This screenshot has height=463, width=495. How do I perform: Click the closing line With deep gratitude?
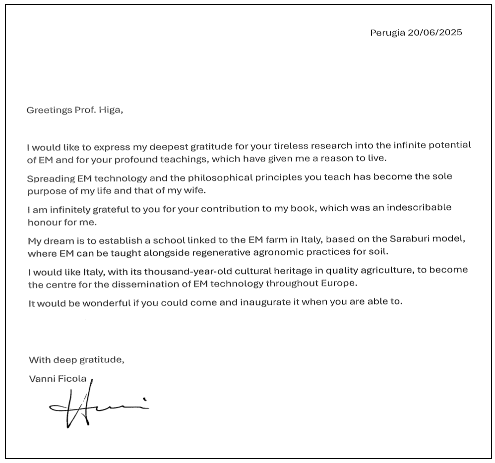[77, 360]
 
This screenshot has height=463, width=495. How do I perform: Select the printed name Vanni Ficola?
[58, 379]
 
